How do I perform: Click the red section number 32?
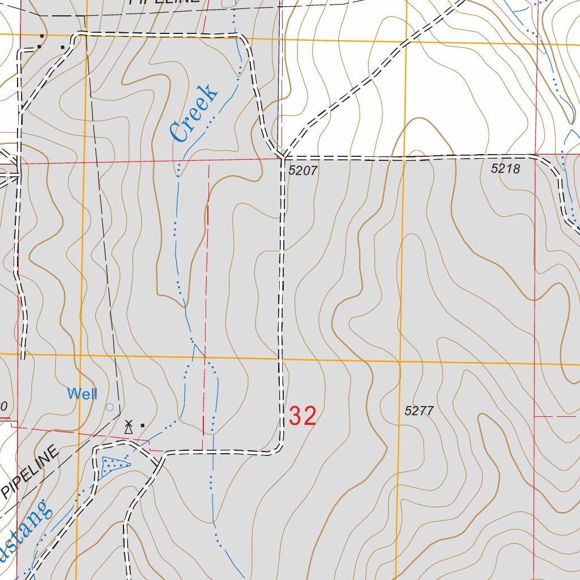tap(302, 416)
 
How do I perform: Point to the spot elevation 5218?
tap(505, 168)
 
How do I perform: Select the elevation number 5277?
tap(419, 411)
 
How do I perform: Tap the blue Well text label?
tap(82, 394)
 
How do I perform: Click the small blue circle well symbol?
tap(110, 407)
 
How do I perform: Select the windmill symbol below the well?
tap(129, 427)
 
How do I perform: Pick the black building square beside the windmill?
tap(143, 425)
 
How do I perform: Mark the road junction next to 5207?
tap(282, 157)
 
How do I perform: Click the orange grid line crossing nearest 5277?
tap(399, 361)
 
